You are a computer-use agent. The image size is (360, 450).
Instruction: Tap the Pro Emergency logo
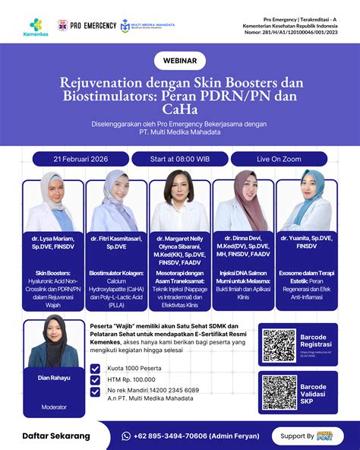point(89,25)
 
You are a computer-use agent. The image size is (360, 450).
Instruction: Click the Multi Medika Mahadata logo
point(148,25)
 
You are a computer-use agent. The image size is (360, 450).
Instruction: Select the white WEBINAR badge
point(180,60)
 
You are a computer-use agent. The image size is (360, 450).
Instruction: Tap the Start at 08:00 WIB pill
point(180,159)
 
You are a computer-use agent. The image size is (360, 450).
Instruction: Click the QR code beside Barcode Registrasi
point(279,346)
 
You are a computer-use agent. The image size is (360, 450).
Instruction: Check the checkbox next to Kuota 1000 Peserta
point(94,369)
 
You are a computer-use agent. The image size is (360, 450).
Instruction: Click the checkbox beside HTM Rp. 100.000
point(94,380)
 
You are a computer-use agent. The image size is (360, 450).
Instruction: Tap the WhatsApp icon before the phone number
point(127,436)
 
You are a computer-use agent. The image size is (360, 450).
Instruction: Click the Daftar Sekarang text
point(56,436)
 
